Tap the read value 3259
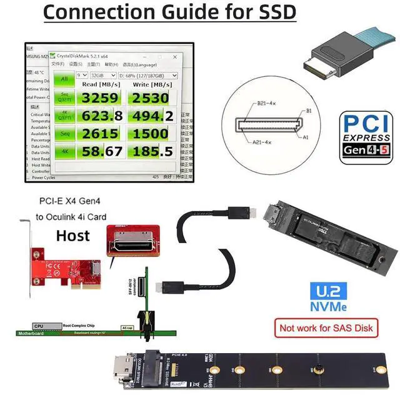coord(100,97)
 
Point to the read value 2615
coord(100,134)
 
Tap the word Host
coord(73,236)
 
